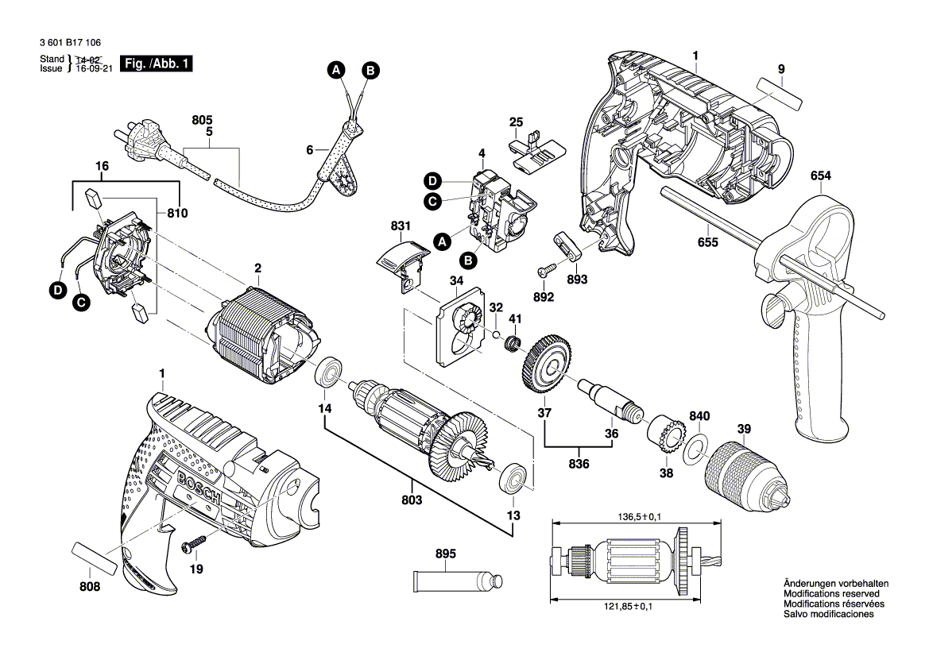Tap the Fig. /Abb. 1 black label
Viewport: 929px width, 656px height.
pyautogui.click(x=155, y=64)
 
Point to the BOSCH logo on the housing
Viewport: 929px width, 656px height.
pyautogui.click(x=199, y=485)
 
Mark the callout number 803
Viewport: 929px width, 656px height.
pyautogui.click(x=412, y=500)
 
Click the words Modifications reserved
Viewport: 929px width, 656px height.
pyautogui.click(x=830, y=594)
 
